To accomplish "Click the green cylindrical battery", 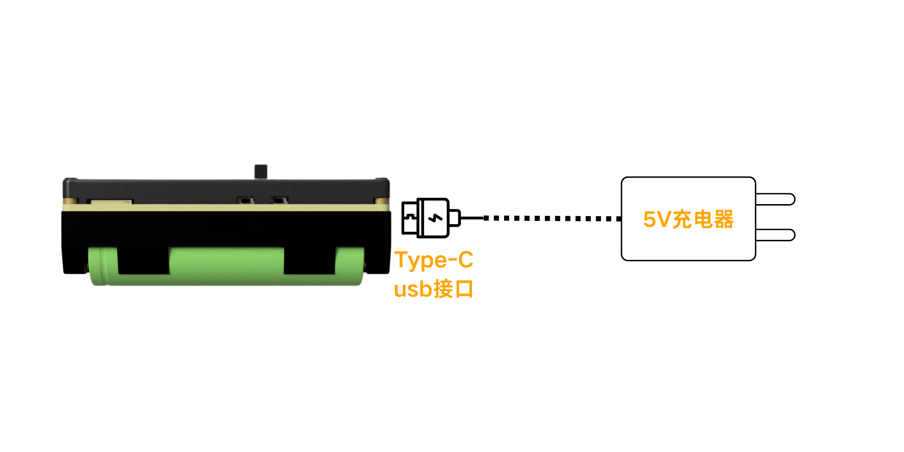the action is pyautogui.click(x=226, y=266).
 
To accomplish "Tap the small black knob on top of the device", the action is pyautogui.click(x=261, y=171).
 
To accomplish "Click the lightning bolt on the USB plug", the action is pyautogui.click(x=435, y=218).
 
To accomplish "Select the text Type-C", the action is pyautogui.click(x=434, y=260).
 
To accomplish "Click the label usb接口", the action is pyautogui.click(x=433, y=289).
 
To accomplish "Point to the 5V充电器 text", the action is pyautogui.click(x=688, y=219).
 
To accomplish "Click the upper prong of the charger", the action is pyautogui.click(x=775, y=199).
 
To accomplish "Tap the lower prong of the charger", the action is pyautogui.click(x=775, y=235).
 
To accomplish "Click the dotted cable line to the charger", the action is pyautogui.click(x=552, y=218).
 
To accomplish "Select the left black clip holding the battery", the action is pyautogui.click(x=143, y=261).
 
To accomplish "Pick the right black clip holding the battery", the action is pyautogui.click(x=309, y=261).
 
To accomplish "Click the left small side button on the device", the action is pyautogui.click(x=245, y=200).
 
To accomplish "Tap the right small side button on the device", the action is pyautogui.click(x=279, y=200).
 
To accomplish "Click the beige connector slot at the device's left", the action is pyautogui.click(x=110, y=202).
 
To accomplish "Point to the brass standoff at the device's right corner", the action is pyautogui.click(x=382, y=201).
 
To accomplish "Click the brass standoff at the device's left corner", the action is pyautogui.click(x=71, y=201).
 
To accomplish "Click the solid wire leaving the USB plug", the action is pyautogui.click(x=472, y=218).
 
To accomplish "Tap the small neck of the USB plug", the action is pyautogui.click(x=455, y=218).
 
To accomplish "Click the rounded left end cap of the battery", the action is pyautogui.click(x=98, y=266).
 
